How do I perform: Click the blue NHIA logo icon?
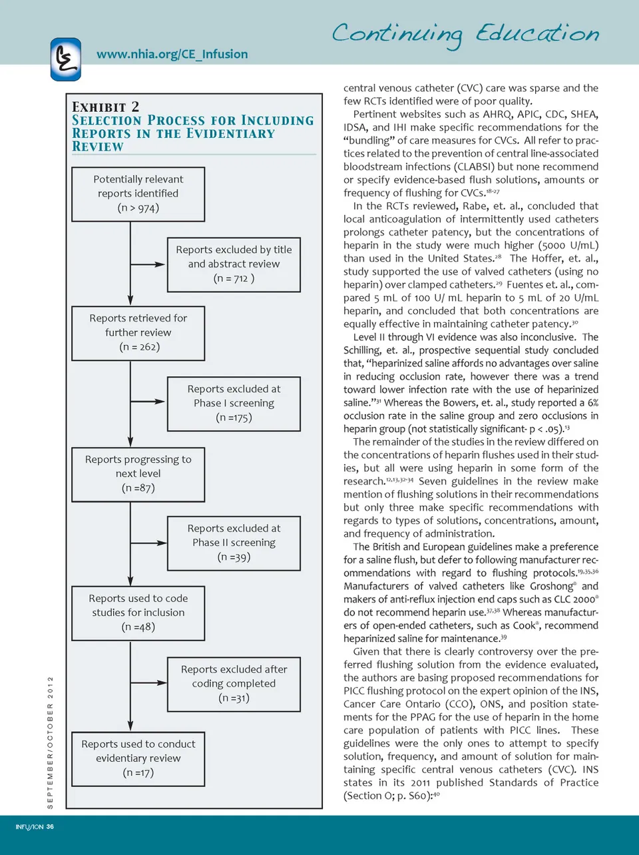tap(65, 59)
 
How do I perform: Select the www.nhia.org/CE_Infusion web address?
tap(172, 54)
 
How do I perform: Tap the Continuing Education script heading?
tap(465, 34)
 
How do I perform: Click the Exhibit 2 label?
tap(105, 107)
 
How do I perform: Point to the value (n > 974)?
tap(138, 208)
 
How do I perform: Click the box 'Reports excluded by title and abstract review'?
tap(234, 264)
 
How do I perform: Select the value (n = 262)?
tap(139, 347)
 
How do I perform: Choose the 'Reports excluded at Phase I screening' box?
tap(234, 404)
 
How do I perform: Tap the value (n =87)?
tap(138, 488)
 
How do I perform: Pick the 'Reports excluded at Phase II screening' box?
tap(234, 543)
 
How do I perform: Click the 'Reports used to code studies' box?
tap(138, 613)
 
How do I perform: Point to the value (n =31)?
tap(234, 698)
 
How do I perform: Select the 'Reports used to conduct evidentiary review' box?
tap(138, 758)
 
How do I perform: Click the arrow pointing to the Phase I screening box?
tap(156, 402)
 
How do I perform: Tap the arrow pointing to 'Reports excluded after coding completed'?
tap(156, 682)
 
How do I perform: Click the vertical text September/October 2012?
tap(50, 742)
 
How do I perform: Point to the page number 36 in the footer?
tap(50, 827)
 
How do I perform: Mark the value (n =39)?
tap(234, 557)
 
